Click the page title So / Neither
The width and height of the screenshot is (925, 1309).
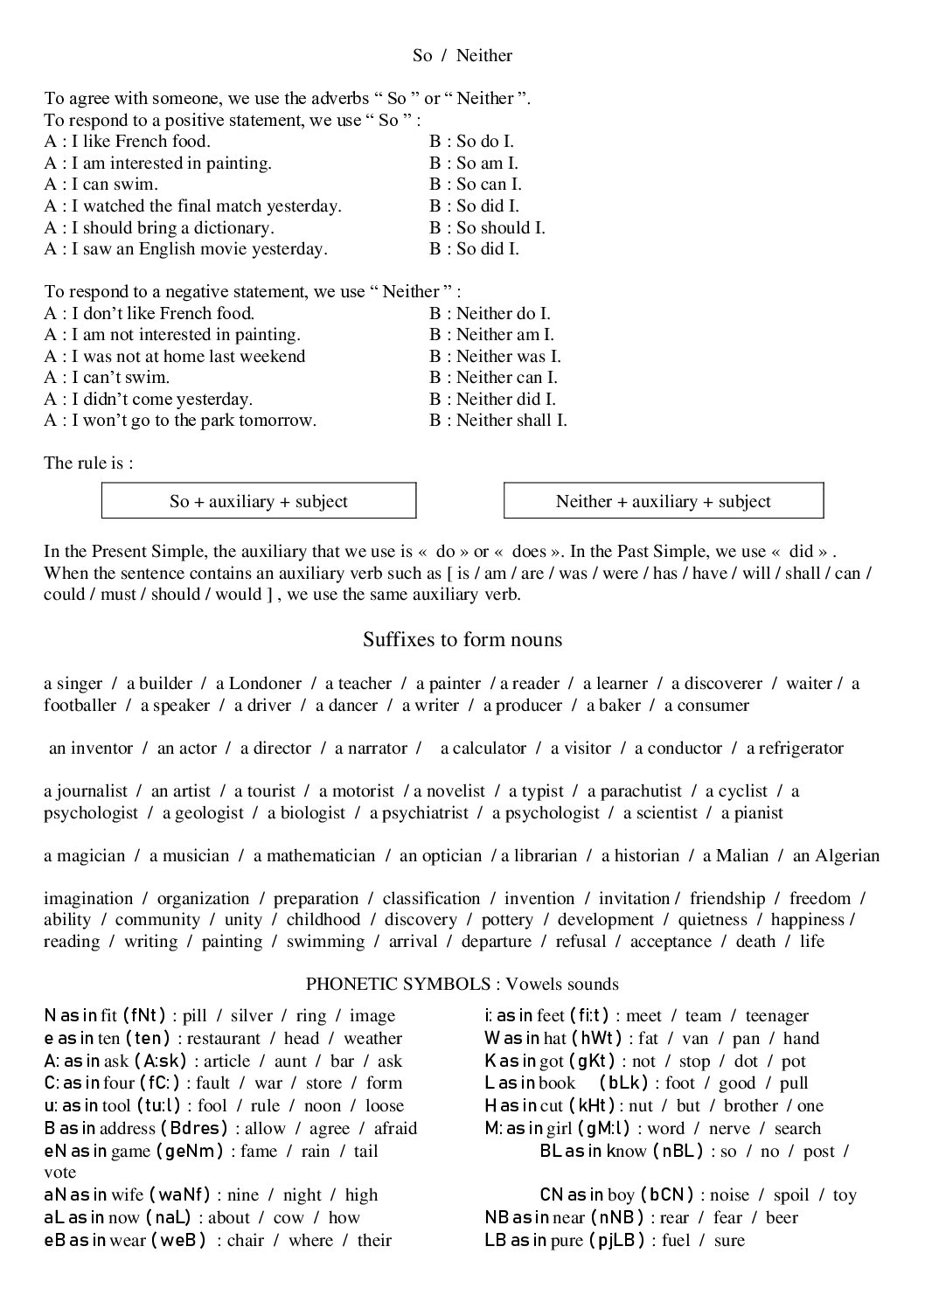462,56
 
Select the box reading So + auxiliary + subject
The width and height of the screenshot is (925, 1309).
259,501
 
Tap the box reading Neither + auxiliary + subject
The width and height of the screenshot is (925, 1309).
663,501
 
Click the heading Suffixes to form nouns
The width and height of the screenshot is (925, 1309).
462,640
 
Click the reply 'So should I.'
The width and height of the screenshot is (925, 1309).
500,228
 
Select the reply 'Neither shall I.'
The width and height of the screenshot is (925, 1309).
511,421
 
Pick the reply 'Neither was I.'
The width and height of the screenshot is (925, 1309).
508,357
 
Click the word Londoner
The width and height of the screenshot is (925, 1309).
265,684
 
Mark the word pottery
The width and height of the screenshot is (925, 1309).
506,920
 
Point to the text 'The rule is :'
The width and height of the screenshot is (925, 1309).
88,463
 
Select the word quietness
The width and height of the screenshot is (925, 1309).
713,920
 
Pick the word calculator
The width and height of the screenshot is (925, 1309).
490,748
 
